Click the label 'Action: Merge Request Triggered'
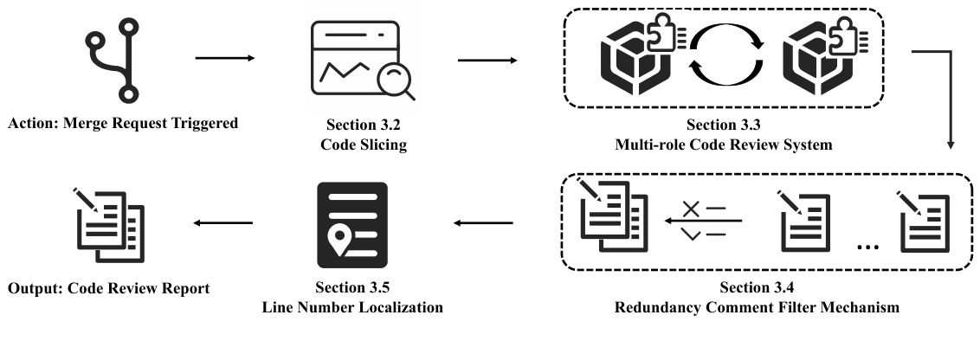pyautogui.click(x=122, y=124)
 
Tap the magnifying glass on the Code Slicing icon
pyautogui.click(x=395, y=81)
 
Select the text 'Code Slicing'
pyautogui.click(x=363, y=145)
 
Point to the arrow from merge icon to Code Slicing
pyautogui.click(x=225, y=59)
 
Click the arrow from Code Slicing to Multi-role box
pyautogui.click(x=487, y=61)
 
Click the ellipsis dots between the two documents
pyautogui.click(x=866, y=247)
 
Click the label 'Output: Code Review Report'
pyautogui.click(x=108, y=288)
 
